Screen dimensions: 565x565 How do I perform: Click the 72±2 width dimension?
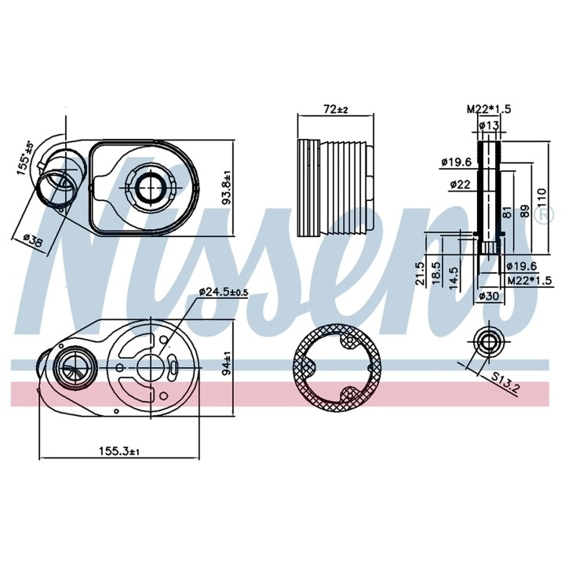point(336,109)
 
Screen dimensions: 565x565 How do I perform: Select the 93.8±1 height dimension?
point(228,188)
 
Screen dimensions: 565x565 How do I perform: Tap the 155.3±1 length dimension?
point(119,450)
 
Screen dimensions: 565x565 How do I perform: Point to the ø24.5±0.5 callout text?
point(224,291)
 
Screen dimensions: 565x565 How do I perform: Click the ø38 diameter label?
point(32,240)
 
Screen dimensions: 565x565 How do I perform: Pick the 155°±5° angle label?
point(26,159)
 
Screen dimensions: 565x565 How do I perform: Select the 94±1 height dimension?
point(227,363)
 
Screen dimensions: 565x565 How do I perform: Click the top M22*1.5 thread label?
point(489,109)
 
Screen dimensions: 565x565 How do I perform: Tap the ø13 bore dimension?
point(490,126)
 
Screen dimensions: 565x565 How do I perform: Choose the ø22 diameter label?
point(460,184)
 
